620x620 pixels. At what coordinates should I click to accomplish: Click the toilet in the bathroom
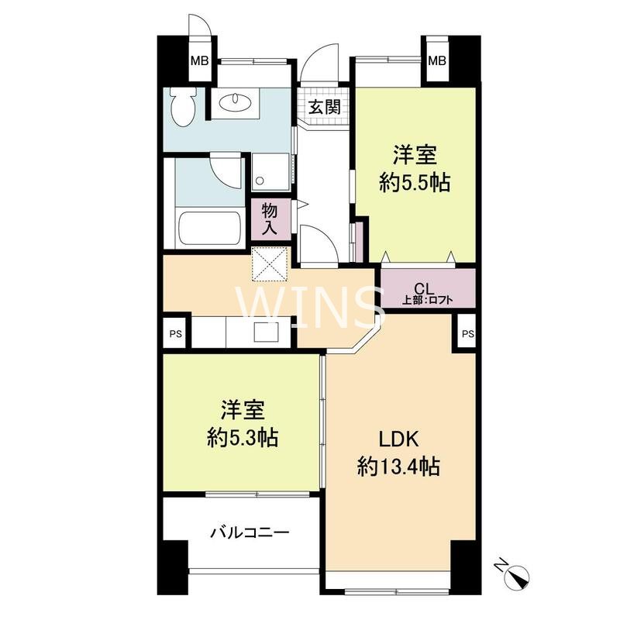pyautogui.click(x=183, y=106)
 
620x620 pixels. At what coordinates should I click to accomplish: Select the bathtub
pyautogui.click(x=210, y=229)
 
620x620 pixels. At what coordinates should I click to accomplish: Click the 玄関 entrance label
pyautogui.click(x=325, y=107)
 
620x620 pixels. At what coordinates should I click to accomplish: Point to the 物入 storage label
pyautogui.click(x=270, y=219)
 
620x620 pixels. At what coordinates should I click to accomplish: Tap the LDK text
pyautogui.click(x=399, y=439)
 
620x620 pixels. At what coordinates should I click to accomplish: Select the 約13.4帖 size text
pyautogui.click(x=399, y=467)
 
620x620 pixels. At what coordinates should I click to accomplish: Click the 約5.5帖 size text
pyautogui.click(x=415, y=183)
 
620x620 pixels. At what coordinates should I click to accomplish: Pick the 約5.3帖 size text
pyautogui.click(x=243, y=438)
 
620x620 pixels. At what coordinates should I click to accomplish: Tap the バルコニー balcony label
pyautogui.click(x=250, y=533)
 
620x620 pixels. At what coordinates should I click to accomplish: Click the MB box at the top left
pyautogui.click(x=200, y=60)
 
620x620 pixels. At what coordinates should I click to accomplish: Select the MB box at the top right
pyautogui.click(x=437, y=60)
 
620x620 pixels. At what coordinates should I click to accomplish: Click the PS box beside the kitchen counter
pyautogui.click(x=176, y=334)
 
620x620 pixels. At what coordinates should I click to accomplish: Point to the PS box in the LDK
pyautogui.click(x=468, y=334)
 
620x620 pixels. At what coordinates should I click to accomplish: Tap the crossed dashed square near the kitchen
pyautogui.click(x=271, y=263)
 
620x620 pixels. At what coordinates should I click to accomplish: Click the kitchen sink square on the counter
pyautogui.click(x=266, y=332)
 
